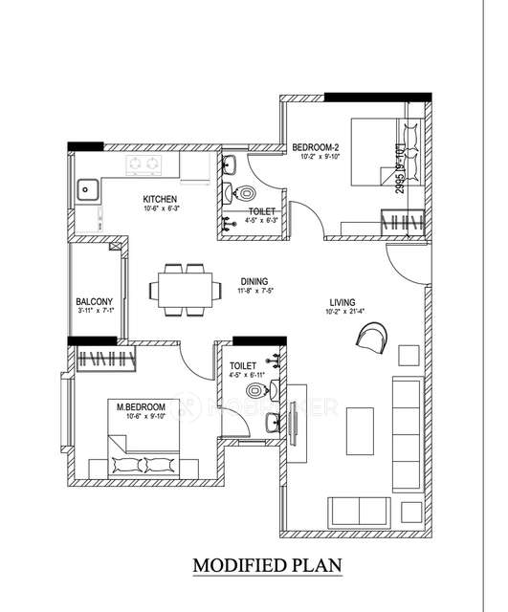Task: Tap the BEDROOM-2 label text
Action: (318, 146)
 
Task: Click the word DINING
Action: (254, 282)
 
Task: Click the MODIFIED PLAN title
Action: (267, 565)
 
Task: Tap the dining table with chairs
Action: (182, 289)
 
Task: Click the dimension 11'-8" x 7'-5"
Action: (255, 293)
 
